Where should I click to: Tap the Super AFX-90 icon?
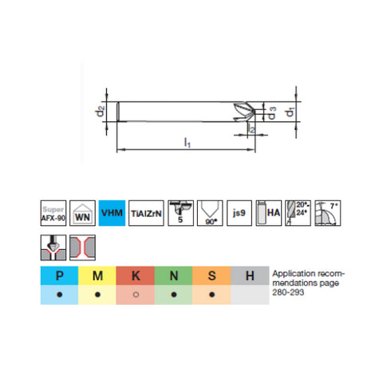click(x=52, y=211)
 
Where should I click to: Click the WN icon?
click(x=82, y=211)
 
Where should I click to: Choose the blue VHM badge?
click(x=112, y=211)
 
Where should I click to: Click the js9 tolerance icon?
click(x=238, y=211)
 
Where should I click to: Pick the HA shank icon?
click(x=266, y=211)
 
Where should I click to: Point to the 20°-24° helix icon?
click(x=297, y=211)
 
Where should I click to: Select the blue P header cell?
click(x=59, y=276)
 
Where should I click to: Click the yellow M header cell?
click(x=97, y=276)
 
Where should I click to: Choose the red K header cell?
click(x=136, y=276)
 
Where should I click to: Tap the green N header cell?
click(x=174, y=276)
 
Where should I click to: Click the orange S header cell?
click(x=212, y=276)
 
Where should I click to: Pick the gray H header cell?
click(x=251, y=276)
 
